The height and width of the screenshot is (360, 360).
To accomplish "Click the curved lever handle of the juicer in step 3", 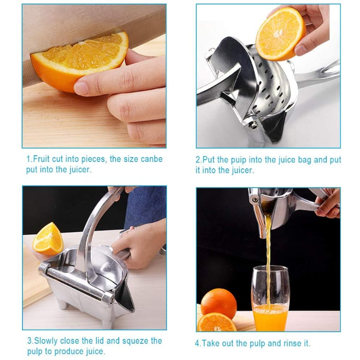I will coord(94,229).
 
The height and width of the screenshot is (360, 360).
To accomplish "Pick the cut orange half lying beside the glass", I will coord(217,322).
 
